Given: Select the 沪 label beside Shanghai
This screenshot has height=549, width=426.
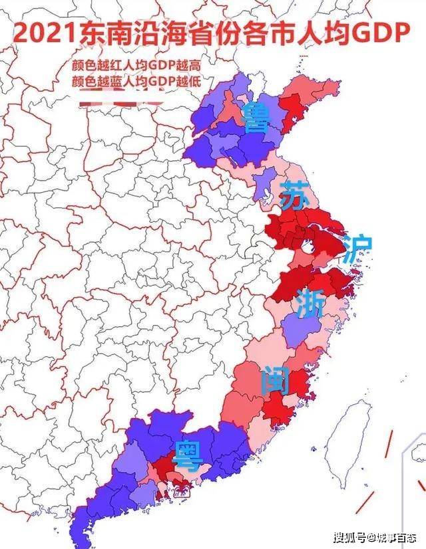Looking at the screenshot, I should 357,248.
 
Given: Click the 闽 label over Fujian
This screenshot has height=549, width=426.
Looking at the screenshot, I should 275,380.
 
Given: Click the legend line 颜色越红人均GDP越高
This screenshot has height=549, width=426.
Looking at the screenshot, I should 136,67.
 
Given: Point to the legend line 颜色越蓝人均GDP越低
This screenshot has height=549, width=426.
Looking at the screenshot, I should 136,82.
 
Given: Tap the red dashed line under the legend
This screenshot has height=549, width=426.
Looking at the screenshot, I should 120,103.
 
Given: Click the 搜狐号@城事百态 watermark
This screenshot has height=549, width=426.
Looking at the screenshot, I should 375,536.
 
